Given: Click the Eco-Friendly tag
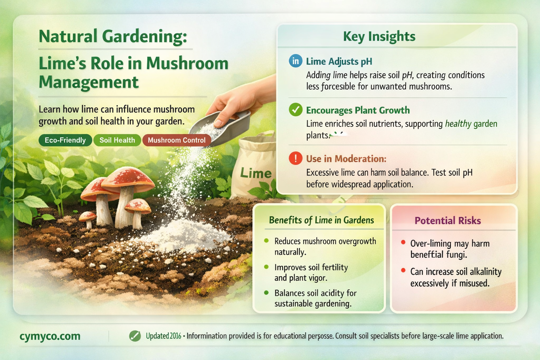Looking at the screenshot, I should click(65, 140).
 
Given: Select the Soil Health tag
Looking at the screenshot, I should click(117, 140).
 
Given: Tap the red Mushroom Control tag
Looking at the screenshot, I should click(176, 140).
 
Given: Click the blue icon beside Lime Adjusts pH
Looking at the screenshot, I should click(295, 61).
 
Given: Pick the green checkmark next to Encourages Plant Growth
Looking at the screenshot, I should click(295, 110).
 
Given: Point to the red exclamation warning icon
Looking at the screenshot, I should click(295, 158).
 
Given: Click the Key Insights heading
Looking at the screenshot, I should click(379, 36).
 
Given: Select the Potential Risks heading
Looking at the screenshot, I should click(448, 220).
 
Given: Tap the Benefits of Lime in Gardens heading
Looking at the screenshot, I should click(321, 220).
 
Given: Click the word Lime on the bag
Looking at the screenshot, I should click(256, 173).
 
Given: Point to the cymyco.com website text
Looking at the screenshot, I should click(50, 336).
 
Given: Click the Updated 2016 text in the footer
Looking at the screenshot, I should click(163, 336).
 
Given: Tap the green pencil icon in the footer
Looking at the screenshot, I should click(135, 336).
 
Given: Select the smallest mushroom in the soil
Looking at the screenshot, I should click(88, 217).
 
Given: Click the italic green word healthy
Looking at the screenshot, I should click(458, 124).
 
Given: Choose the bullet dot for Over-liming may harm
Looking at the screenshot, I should click(403, 243).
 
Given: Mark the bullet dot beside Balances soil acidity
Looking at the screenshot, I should click(266, 292).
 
